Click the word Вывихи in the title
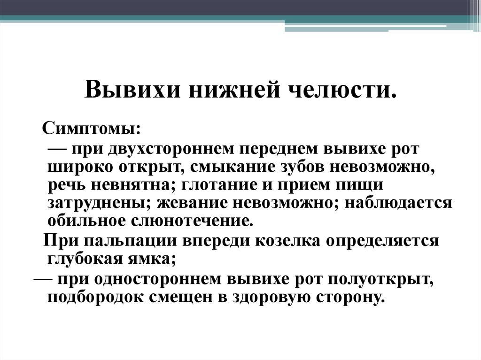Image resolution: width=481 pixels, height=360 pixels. [x=132, y=89]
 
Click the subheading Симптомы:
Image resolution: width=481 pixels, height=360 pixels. [x=92, y=129]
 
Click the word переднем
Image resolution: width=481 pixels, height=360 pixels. [x=276, y=149]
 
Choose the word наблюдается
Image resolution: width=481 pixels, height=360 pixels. [x=398, y=203]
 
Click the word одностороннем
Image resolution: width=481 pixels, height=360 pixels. [x=156, y=279]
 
